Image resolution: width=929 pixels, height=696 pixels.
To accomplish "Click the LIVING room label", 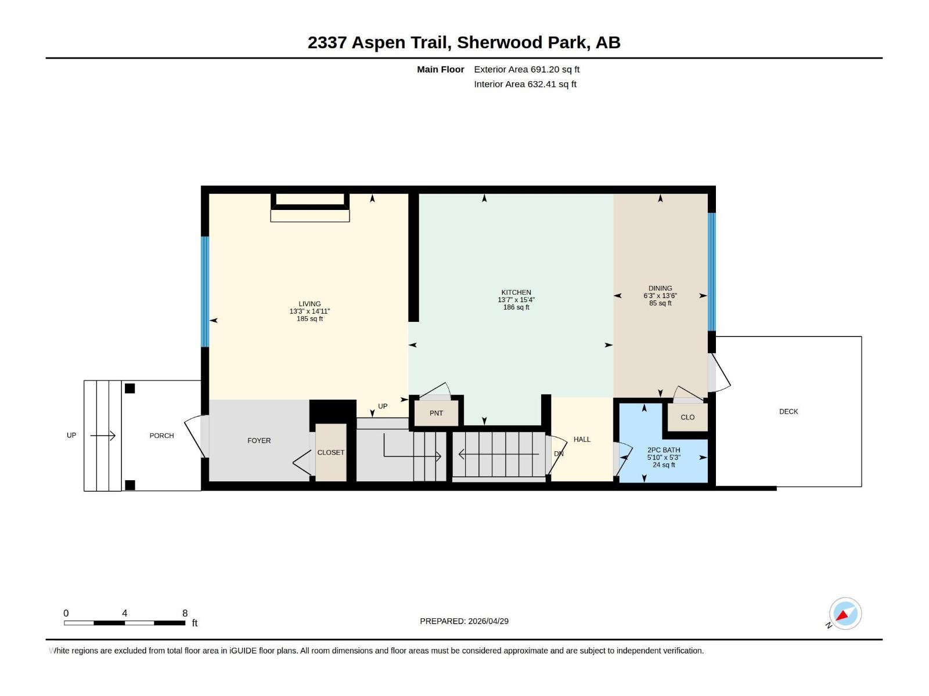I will [x=309, y=303].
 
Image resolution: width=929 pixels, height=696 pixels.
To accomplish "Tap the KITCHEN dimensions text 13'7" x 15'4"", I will [x=516, y=300].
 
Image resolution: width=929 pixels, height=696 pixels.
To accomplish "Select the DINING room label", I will [x=660, y=288].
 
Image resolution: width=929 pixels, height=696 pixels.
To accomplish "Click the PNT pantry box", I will [x=436, y=413].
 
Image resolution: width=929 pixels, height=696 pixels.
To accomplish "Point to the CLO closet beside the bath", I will [x=687, y=417].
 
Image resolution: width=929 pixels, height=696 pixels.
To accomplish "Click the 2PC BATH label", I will [x=664, y=449].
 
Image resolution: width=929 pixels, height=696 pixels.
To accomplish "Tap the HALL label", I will [x=582, y=439].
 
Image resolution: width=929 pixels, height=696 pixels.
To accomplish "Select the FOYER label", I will [x=259, y=440].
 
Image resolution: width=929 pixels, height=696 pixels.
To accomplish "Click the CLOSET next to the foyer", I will [x=330, y=452].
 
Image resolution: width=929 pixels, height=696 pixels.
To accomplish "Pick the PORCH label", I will [x=161, y=436].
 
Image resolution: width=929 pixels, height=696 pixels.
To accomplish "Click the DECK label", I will [x=788, y=411].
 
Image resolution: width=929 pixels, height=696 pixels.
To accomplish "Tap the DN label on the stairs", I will [x=559, y=454].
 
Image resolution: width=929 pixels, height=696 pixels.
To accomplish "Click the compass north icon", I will [x=845, y=614].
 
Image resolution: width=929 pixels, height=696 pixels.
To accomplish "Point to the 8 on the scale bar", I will [x=185, y=613].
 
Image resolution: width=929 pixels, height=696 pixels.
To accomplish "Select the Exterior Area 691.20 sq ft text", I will [x=527, y=69].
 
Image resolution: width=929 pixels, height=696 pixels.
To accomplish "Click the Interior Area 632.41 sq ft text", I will [x=525, y=84].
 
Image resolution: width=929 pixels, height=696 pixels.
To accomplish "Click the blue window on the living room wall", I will [x=204, y=292].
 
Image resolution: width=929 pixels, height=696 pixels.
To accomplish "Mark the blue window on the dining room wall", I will [x=711, y=271].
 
